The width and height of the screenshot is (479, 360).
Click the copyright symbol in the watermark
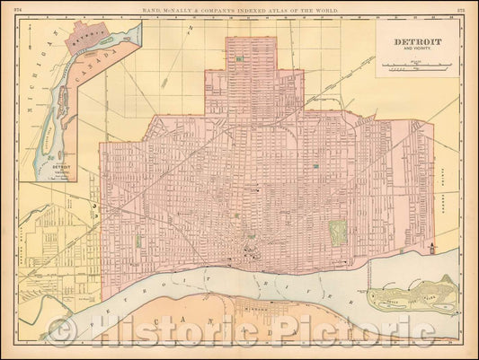click(61, 334)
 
